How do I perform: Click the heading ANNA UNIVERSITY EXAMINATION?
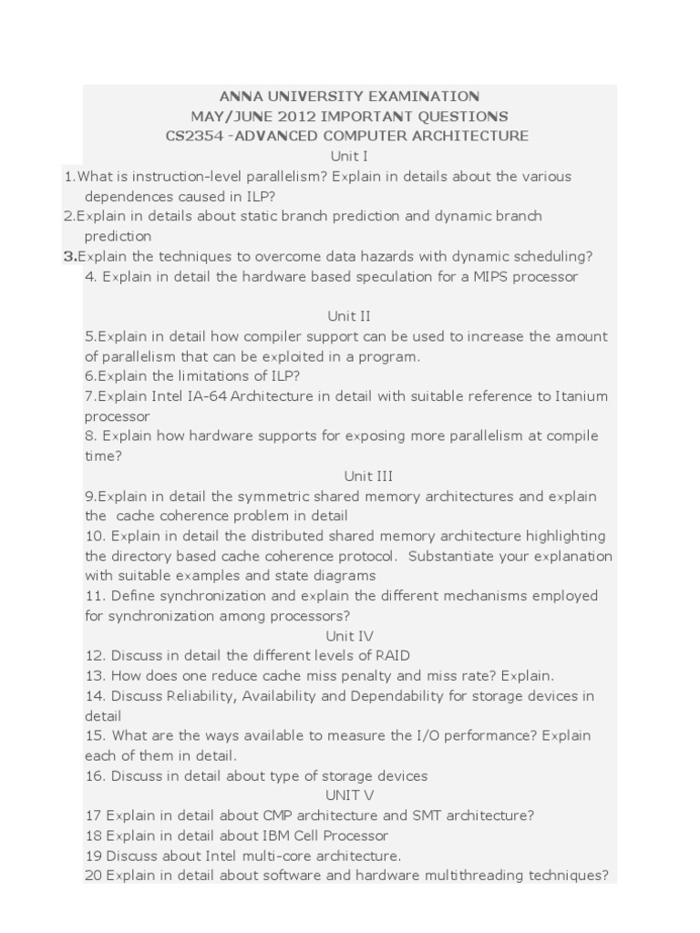349,96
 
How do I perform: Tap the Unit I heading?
349,156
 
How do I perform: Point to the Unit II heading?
349,316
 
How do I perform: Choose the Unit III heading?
368,476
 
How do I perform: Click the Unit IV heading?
349,636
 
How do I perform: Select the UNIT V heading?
349,795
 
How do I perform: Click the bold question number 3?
68,256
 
